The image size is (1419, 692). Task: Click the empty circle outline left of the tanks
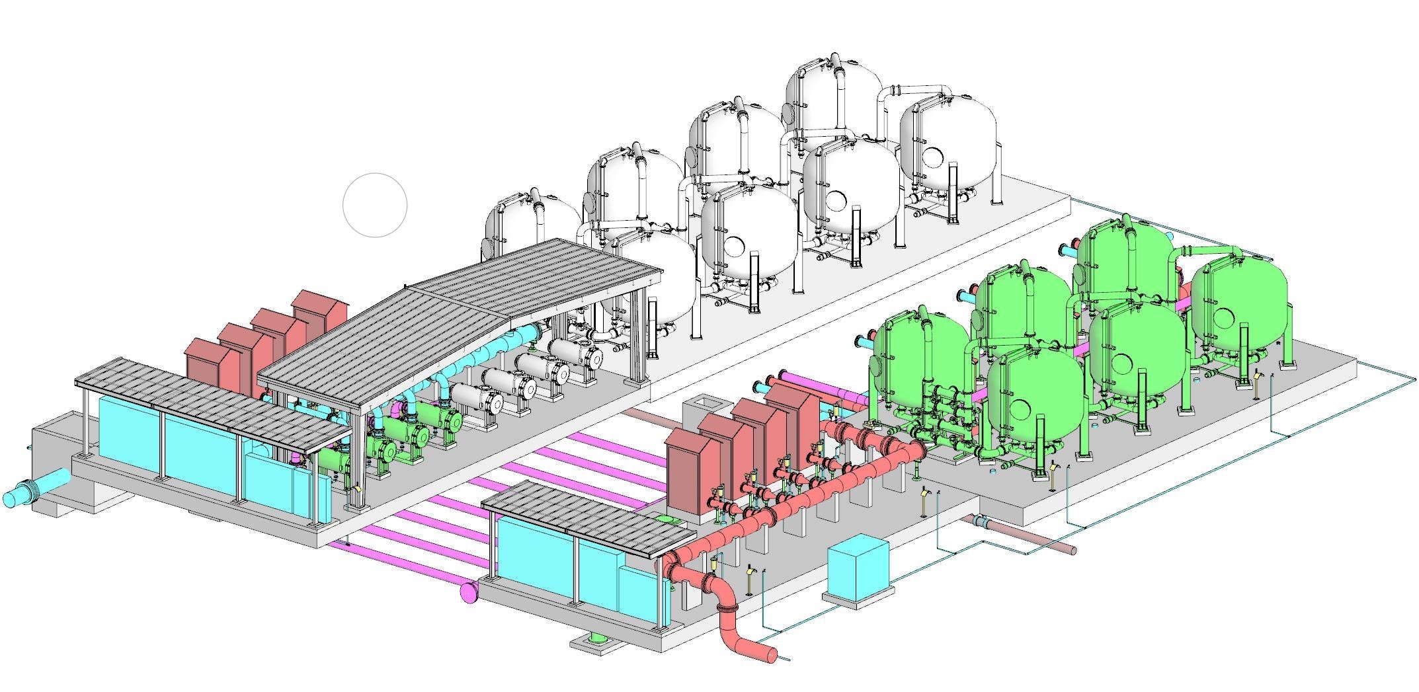(375, 205)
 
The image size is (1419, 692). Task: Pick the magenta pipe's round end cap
(468, 591)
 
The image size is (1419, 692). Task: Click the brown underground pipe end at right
(1070, 550)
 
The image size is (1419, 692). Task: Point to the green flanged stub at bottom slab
(597, 639)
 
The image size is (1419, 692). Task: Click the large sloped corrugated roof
(463, 311)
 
